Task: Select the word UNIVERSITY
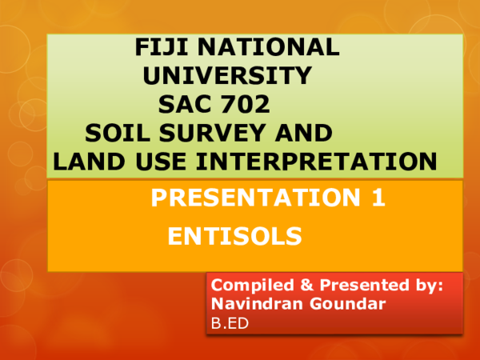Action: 226,76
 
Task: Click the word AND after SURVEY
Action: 301,133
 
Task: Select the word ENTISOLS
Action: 234,236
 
